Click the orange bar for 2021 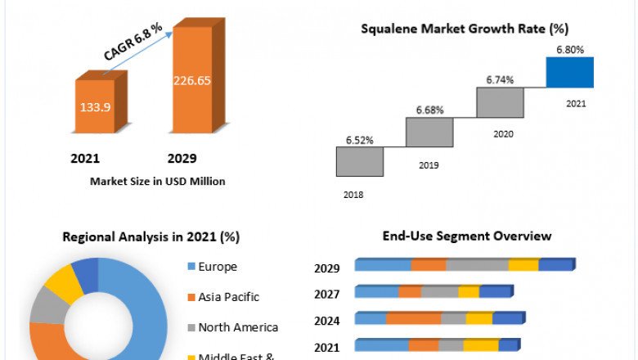(x=95, y=106)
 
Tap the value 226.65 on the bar (x=192, y=80)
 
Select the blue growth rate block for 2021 (x=570, y=71)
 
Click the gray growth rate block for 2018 (x=359, y=161)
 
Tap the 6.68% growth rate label (x=429, y=110)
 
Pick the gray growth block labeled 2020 (x=500, y=102)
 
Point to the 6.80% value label (x=570, y=50)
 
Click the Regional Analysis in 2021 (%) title (x=151, y=236)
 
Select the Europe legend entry (x=216, y=267)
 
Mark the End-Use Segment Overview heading (x=467, y=236)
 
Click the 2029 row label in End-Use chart (x=327, y=268)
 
